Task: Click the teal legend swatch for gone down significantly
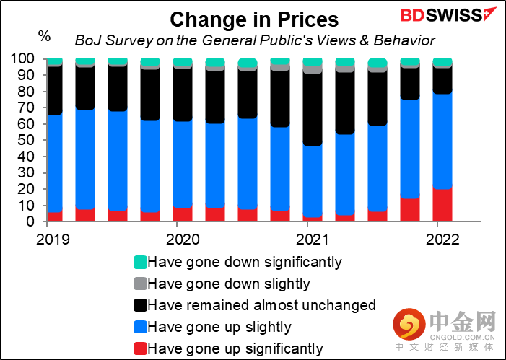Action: click(x=140, y=262)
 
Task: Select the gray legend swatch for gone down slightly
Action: click(x=140, y=284)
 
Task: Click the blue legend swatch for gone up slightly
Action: click(x=140, y=327)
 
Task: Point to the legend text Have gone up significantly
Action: click(x=235, y=349)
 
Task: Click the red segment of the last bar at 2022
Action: click(x=442, y=205)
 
